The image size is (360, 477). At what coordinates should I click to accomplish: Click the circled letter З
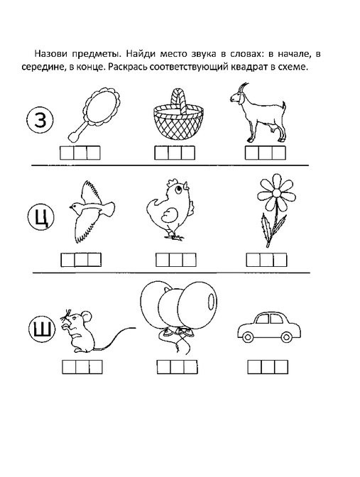[x=40, y=120]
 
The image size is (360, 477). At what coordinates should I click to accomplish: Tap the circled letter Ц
[x=40, y=217]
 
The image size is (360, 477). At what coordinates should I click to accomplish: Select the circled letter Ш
[x=42, y=329]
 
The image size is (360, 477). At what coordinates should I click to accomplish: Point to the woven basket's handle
[x=178, y=100]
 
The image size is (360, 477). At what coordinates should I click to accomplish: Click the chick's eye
[x=178, y=190]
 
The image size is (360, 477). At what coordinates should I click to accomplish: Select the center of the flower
[x=276, y=193]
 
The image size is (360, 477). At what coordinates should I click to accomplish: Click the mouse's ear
[x=87, y=316]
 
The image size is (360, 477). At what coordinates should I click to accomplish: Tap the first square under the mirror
[x=67, y=153]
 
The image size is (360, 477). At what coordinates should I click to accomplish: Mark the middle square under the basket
[x=175, y=153]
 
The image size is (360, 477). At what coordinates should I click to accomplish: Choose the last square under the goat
[x=279, y=153]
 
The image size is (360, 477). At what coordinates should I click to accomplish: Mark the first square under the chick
[x=163, y=260]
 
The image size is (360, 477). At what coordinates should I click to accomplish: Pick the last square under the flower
[x=280, y=260]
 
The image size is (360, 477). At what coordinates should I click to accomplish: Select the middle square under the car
[x=268, y=367]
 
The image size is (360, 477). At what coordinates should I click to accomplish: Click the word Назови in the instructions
[x=51, y=54]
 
